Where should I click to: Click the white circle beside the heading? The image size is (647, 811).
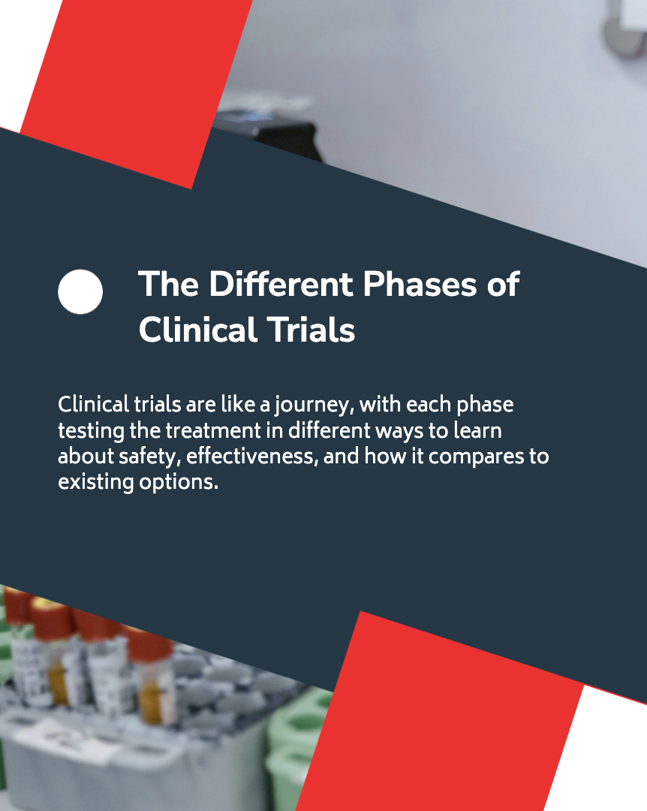[x=80, y=291]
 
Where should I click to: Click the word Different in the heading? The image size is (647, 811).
[x=281, y=284]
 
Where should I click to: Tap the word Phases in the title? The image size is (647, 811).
[x=420, y=284]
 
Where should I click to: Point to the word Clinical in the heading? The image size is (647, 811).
[x=197, y=330]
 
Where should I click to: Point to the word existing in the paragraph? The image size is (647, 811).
[x=95, y=483]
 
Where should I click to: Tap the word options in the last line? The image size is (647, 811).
[x=179, y=483]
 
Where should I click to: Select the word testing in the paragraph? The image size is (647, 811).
[x=91, y=431]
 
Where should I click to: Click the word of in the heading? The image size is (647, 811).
[x=503, y=284]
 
